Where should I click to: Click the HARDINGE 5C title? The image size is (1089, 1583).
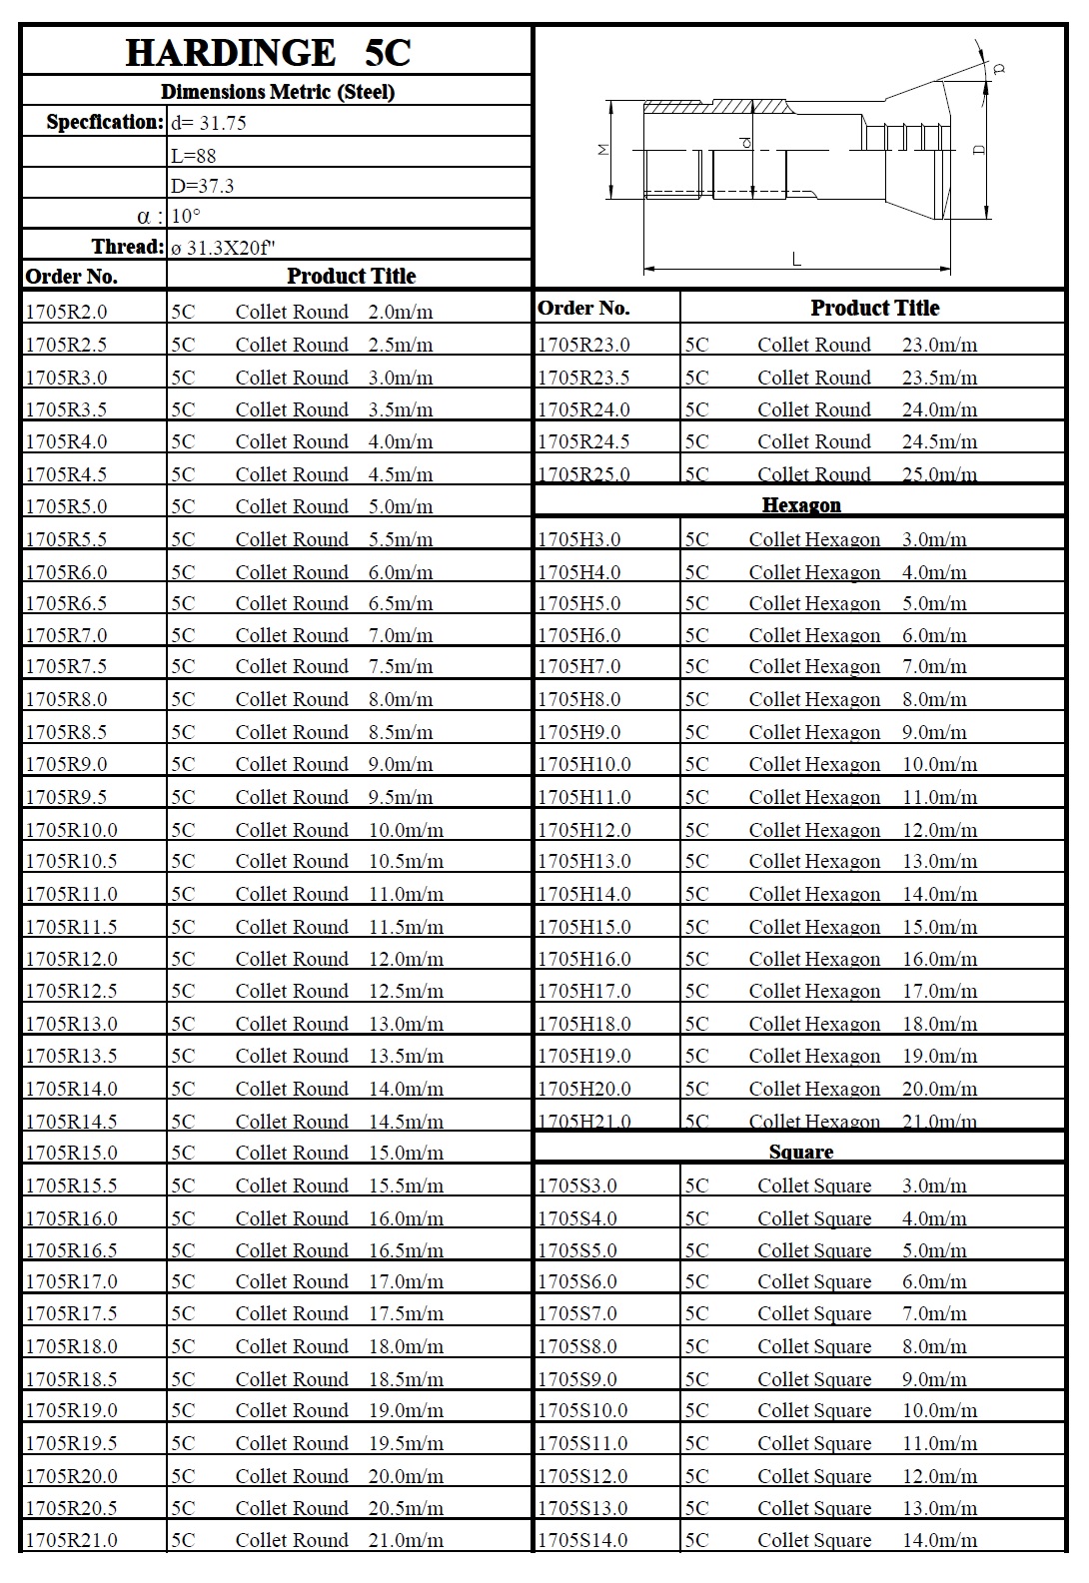(268, 53)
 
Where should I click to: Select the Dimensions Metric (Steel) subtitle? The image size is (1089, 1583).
(277, 92)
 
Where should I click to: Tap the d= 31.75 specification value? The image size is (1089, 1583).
(209, 123)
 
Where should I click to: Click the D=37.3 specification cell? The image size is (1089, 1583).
(203, 186)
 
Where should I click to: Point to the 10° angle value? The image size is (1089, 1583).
(186, 216)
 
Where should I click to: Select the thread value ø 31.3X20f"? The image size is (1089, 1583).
(223, 248)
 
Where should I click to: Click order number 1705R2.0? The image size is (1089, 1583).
(66, 312)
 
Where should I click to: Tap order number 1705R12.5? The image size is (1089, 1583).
(71, 991)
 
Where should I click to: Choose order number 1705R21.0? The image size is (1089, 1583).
(71, 1540)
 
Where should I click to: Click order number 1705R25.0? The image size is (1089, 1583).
(583, 473)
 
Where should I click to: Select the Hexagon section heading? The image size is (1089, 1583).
(801, 504)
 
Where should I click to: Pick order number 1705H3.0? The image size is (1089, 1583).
(578, 539)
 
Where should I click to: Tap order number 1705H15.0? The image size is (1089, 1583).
(584, 927)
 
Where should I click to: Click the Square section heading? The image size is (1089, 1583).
(801, 1152)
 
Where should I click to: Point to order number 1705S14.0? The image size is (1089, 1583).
(583, 1540)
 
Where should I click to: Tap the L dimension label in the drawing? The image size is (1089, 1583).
(796, 259)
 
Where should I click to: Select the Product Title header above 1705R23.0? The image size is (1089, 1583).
(874, 308)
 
